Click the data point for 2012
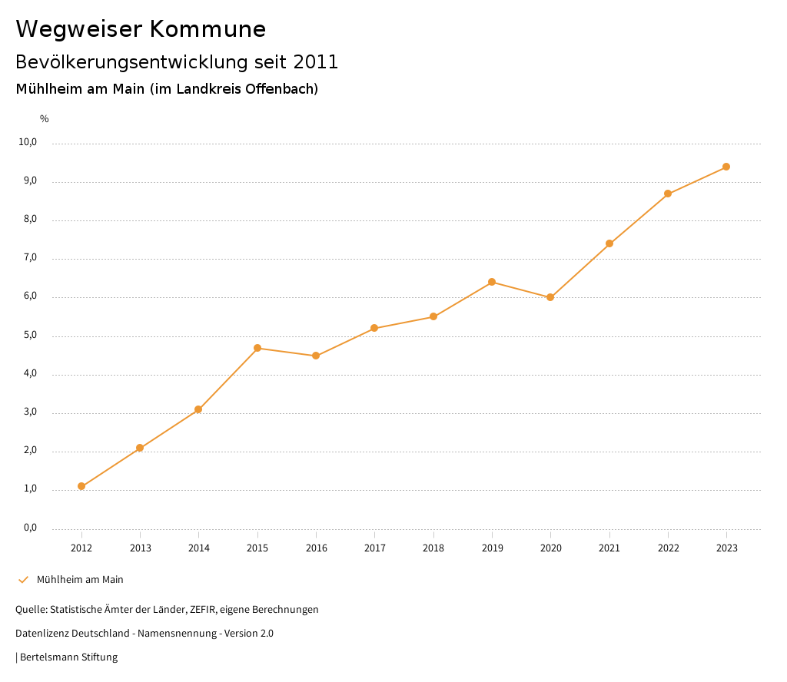[x=81, y=486]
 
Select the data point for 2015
[x=257, y=348]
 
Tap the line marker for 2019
[x=492, y=282]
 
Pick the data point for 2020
[x=550, y=297]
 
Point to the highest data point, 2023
[x=726, y=167]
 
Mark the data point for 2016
[x=316, y=356]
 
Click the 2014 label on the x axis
[x=199, y=548]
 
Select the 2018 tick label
[x=433, y=548]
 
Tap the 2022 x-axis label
[x=668, y=548]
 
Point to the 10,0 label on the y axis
[x=28, y=142]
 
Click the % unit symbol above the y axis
[x=45, y=119]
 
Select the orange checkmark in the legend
[x=23, y=580]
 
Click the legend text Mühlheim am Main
[x=80, y=580]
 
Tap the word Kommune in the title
[x=208, y=29]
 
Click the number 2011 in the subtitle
[x=316, y=62]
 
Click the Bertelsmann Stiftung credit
[x=68, y=657]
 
